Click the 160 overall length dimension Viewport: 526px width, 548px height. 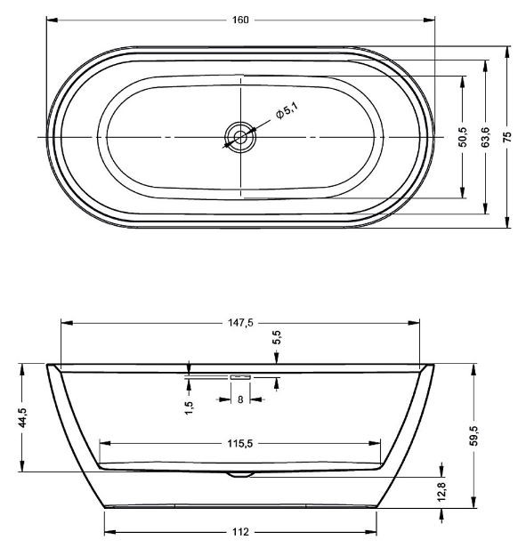tap(240, 20)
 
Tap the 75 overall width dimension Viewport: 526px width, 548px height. tap(507, 136)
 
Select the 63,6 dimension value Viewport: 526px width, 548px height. tap(485, 137)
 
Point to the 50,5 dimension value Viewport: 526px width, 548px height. tap(463, 137)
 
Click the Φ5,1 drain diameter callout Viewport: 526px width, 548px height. tap(286, 110)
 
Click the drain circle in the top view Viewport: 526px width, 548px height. tap(240, 137)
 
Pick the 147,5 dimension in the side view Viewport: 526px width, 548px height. tap(240, 323)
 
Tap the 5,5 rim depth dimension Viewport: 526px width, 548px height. tap(277, 337)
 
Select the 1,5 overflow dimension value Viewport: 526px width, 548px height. tap(189, 407)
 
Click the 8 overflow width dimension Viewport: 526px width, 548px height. tap(240, 399)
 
